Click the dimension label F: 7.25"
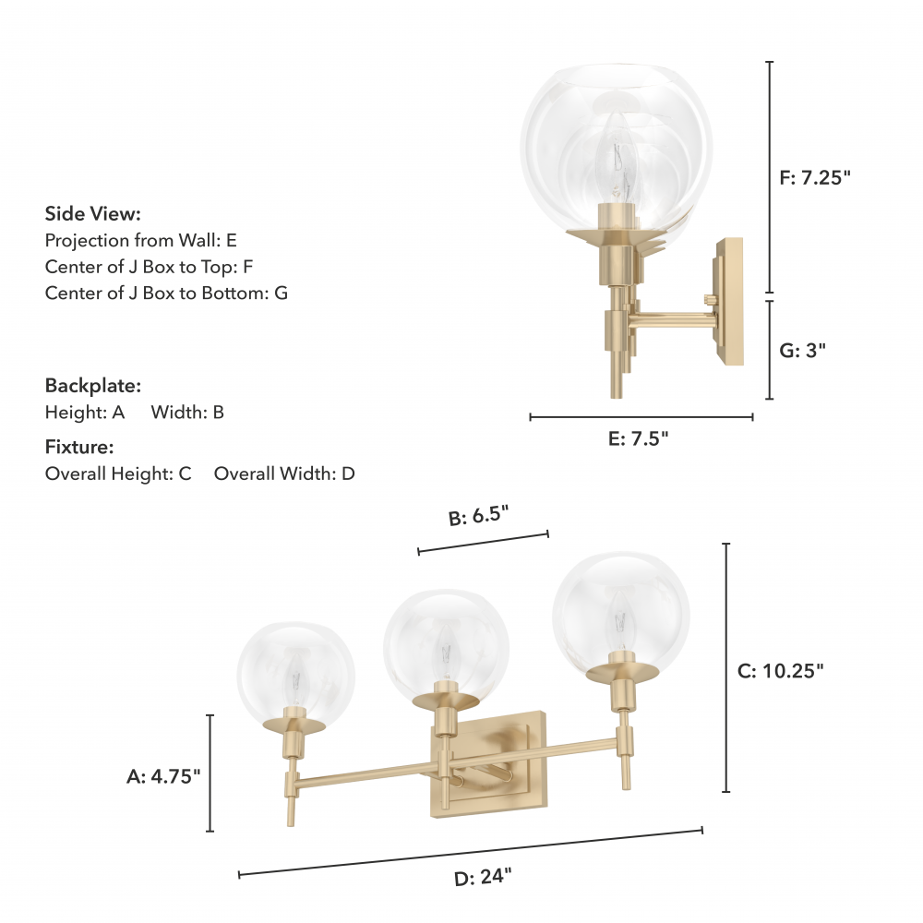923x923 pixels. [815, 177]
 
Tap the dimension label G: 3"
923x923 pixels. [803, 350]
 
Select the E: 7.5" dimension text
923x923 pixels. [639, 438]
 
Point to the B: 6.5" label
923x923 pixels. [478, 516]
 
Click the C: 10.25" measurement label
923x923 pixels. [781, 670]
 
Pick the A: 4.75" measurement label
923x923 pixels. [163, 776]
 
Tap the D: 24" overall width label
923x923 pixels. [484, 877]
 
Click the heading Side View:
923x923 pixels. [93, 214]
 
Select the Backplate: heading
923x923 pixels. [93, 386]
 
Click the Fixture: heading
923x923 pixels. [79, 447]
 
